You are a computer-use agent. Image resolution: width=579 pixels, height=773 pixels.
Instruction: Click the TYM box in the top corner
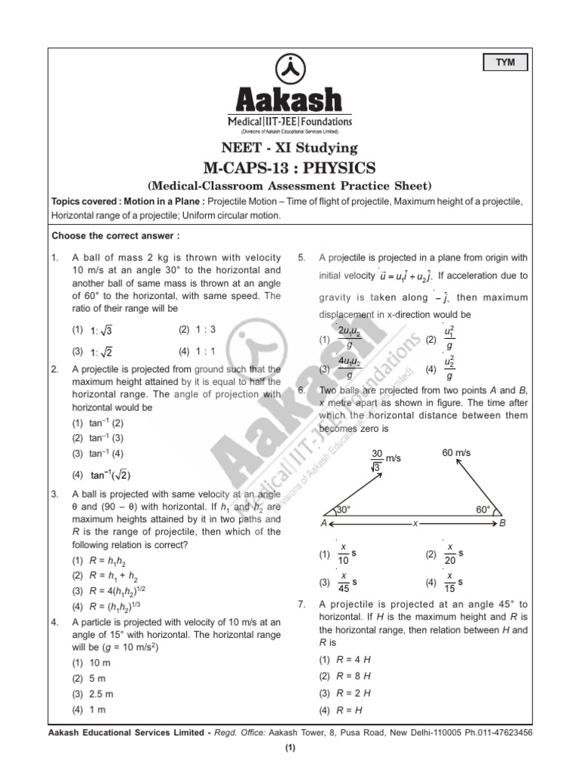pyautogui.click(x=506, y=63)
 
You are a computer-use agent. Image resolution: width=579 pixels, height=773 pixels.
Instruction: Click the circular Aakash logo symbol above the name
pyautogui.click(x=289, y=69)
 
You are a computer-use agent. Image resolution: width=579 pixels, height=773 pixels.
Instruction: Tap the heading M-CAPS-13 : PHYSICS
pyautogui.click(x=289, y=167)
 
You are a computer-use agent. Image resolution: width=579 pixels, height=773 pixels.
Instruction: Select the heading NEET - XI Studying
pyautogui.click(x=289, y=148)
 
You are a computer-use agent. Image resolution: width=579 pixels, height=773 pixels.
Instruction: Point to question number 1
pyautogui.click(x=55, y=258)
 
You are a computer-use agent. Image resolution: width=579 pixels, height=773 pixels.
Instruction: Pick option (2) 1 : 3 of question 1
pyautogui.click(x=198, y=330)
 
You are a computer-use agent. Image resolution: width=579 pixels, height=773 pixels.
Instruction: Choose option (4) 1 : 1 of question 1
pyautogui.click(x=198, y=351)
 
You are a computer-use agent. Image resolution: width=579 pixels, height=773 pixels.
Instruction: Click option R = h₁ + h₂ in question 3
pyautogui.click(x=109, y=575)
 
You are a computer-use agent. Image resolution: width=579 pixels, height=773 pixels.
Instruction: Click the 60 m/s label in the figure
pyautogui.click(x=456, y=452)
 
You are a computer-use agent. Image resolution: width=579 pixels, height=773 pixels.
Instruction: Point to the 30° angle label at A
pyautogui.click(x=343, y=510)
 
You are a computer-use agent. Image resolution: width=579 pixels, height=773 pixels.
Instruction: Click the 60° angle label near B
pyautogui.click(x=483, y=510)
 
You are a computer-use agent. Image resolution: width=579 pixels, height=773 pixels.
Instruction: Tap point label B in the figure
pyautogui.click(x=503, y=522)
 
